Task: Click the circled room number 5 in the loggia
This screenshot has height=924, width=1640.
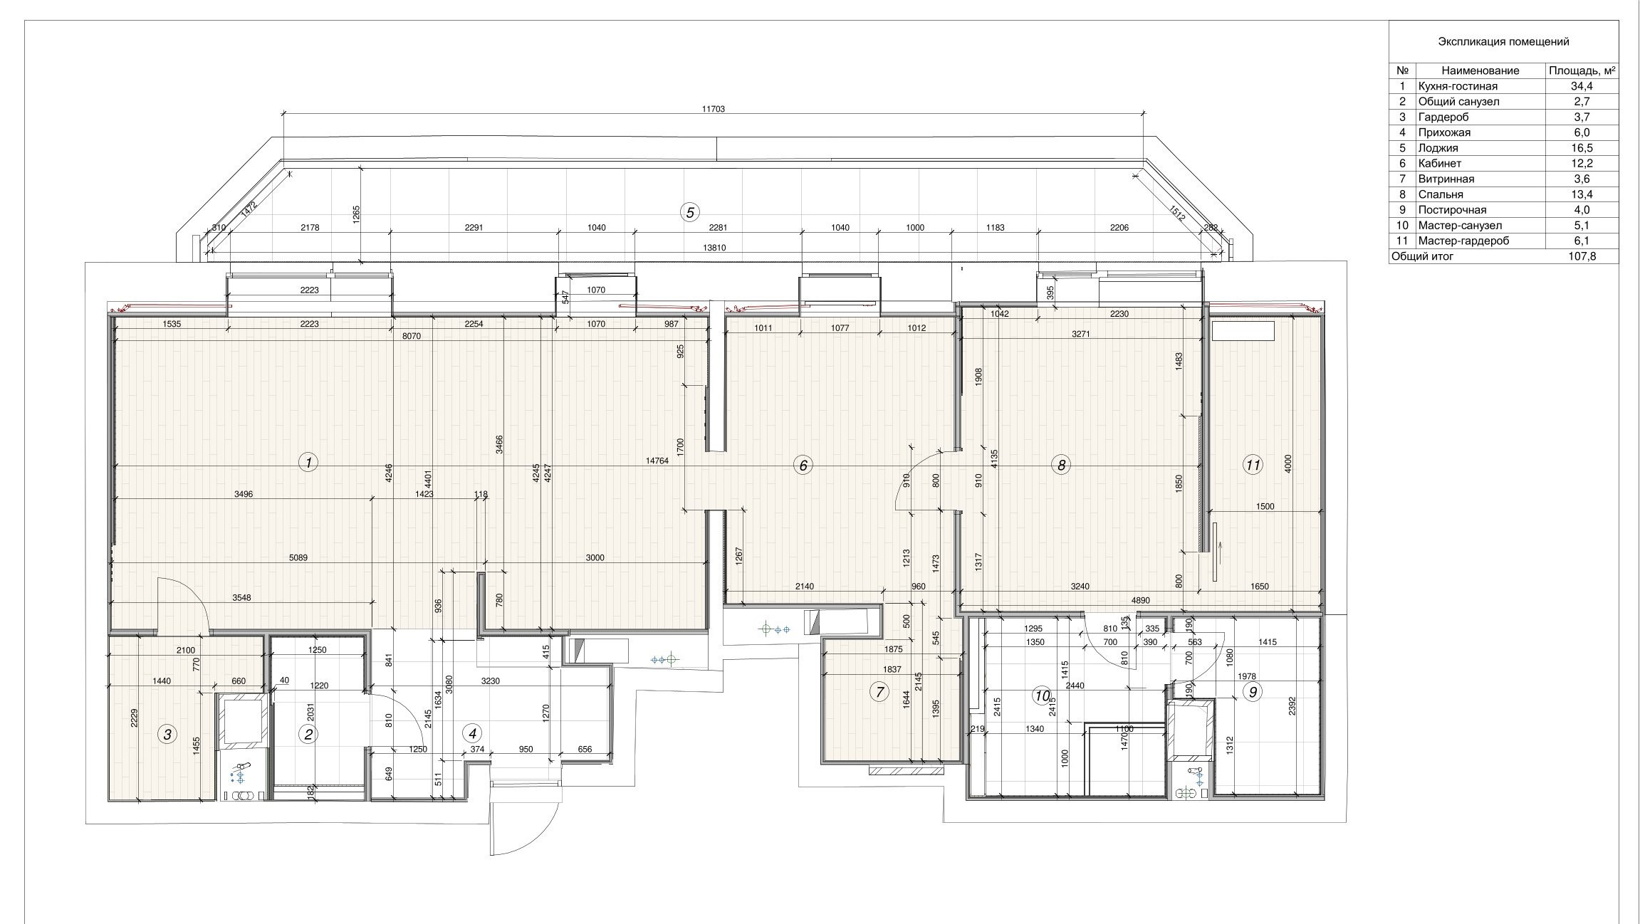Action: click(x=689, y=211)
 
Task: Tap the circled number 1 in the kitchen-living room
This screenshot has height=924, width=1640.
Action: click(x=308, y=463)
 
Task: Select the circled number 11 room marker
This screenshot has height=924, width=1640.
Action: click(x=1253, y=466)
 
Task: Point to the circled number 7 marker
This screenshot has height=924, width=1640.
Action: click(x=879, y=692)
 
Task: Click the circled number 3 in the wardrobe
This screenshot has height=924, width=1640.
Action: click(x=167, y=735)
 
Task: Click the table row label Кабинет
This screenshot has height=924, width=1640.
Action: click(x=1440, y=163)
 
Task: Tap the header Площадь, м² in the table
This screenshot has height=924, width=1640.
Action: click(x=1582, y=70)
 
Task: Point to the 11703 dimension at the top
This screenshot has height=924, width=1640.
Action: click(x=713, y=109)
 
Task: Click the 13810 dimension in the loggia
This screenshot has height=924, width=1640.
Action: click(x=713, y=248)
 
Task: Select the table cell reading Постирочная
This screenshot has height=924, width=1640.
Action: click(x=1452, y=210)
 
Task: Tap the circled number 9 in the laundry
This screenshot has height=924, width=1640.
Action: click(x=1252, y=691)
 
